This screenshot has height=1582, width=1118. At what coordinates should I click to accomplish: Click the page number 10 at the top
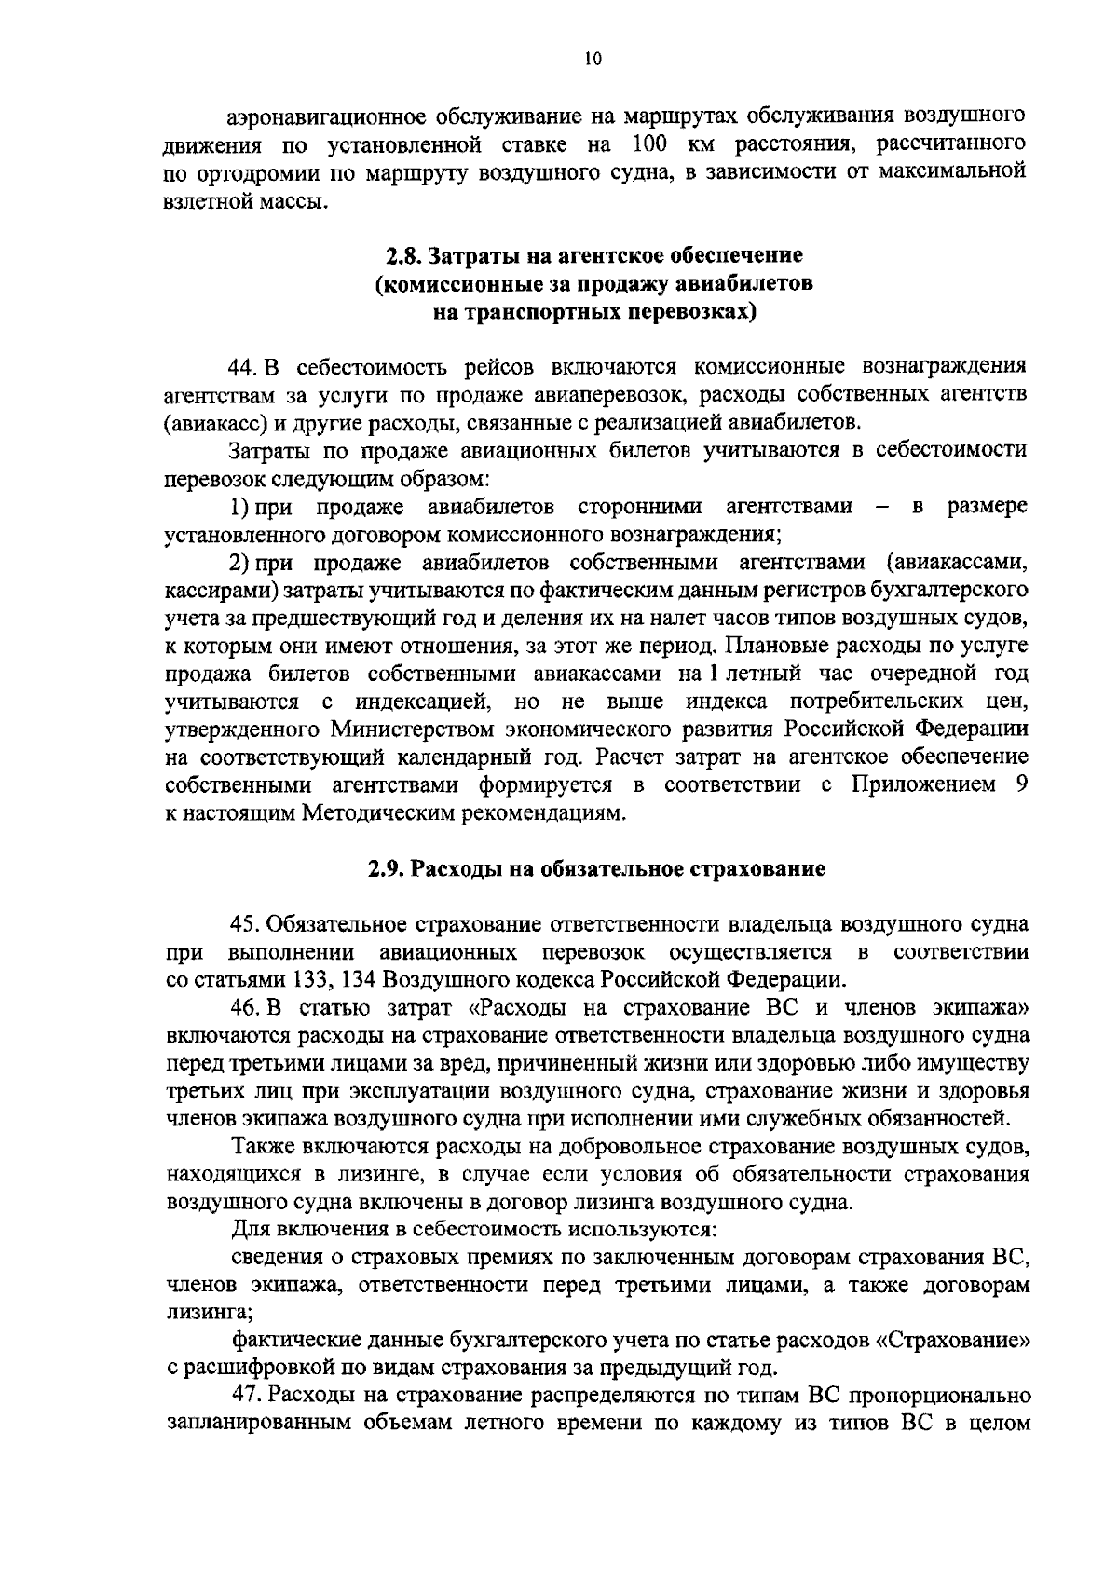pos(593,60)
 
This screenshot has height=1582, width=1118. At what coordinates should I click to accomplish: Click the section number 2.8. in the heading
pos(407,254)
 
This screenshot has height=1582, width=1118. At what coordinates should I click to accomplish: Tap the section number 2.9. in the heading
pos(386,869)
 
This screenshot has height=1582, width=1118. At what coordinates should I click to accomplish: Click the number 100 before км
pos(652,144)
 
